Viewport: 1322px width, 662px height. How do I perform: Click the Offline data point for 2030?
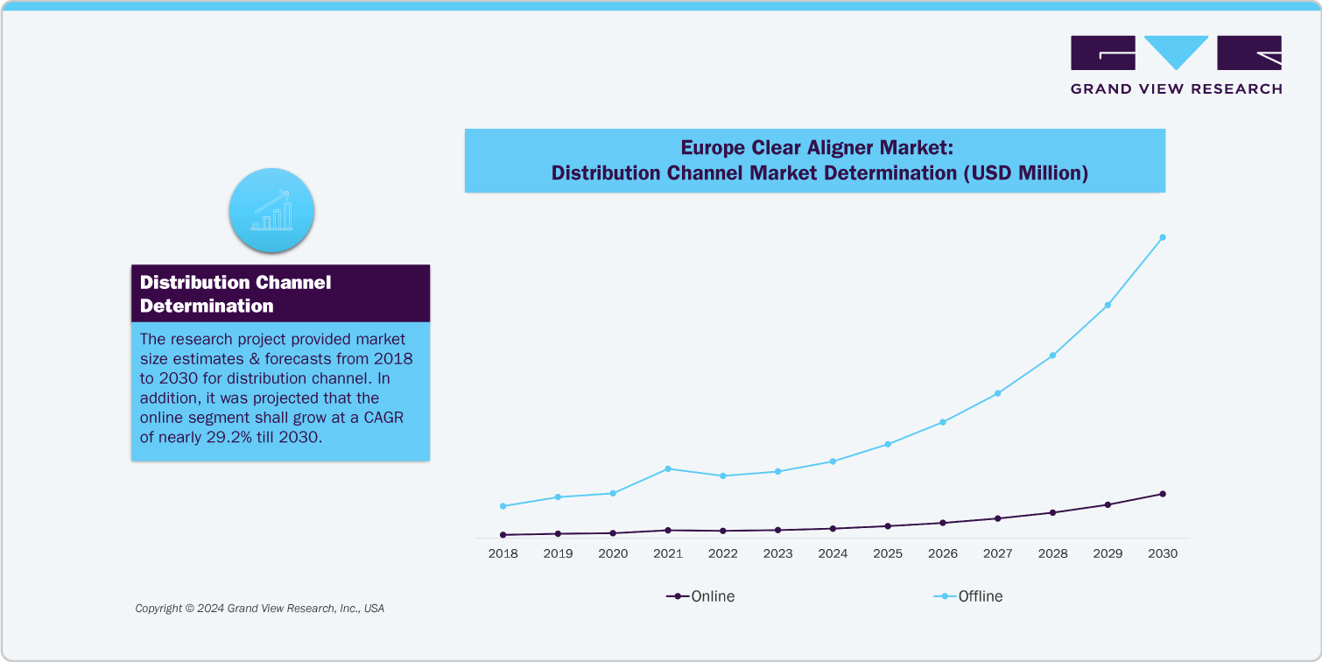point(1163,237)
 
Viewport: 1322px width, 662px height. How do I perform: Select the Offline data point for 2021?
point(668,468)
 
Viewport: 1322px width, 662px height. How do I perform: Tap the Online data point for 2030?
point(1163,494)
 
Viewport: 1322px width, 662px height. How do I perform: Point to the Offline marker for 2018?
point(503,506)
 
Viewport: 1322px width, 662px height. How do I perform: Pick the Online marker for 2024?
point(833,528)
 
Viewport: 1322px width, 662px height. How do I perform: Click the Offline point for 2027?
point(998,393)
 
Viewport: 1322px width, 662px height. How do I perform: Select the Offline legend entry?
point(968,596)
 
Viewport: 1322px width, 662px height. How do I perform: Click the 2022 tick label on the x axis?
point(722,553)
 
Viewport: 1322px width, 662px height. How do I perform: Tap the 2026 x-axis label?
point(943,553)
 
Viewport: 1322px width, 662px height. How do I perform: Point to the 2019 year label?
point(558,553)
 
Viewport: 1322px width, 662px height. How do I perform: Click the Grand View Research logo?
point(1176,65)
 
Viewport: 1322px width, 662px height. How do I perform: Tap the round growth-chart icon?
point(271,211)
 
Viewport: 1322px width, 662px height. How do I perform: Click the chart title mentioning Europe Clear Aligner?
point(814,160)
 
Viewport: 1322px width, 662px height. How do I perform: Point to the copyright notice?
point(259,608)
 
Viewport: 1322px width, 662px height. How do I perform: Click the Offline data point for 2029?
point(1108,305)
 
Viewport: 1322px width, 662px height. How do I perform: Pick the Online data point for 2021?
point(668,530)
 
